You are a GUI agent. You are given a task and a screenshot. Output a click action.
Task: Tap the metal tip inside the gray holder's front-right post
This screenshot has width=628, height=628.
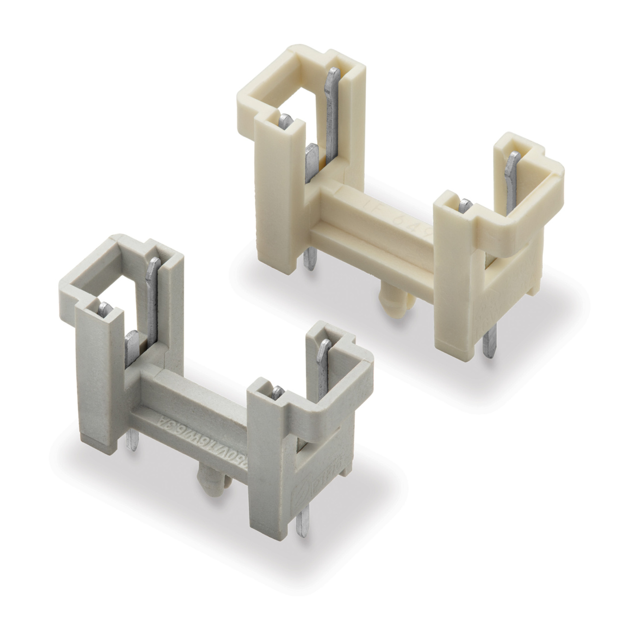tap(278, 391)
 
